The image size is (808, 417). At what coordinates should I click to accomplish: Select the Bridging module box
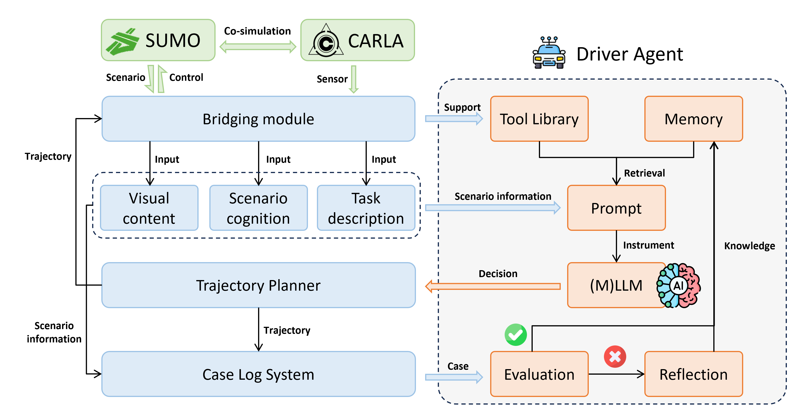pos(258,119)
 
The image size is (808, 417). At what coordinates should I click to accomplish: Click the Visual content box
pos(149,208)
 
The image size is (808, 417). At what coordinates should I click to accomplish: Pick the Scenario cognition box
pos(258,208)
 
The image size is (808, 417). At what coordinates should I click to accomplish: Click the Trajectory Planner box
pos(258,285)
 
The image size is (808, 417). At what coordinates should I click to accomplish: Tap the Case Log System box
pos(258,374)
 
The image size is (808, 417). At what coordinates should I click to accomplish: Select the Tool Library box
pos(539,119)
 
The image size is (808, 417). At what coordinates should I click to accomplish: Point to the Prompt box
pos(616,208)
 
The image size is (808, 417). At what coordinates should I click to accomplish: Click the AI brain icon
pos(678,285)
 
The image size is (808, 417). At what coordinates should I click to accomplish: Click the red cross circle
pos(615,356)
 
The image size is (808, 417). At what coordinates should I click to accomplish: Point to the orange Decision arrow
pos(492,286)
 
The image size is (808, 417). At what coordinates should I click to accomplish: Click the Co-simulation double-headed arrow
pos(258,47)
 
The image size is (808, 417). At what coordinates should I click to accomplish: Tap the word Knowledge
pos(749,246)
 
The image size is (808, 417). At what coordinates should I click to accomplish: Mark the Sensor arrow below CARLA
pos(353,79)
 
